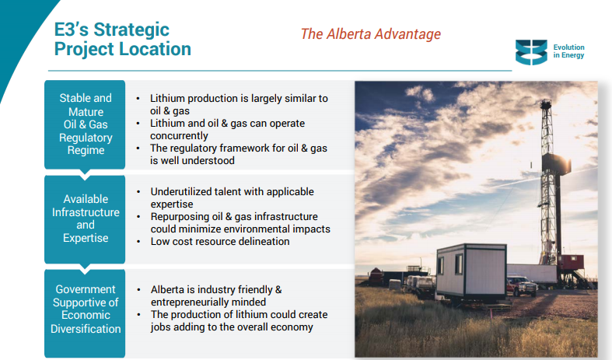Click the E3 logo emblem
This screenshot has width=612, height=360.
click(531, 52)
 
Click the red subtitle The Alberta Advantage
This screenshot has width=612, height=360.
click(370, 34)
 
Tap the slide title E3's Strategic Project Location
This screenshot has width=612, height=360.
click(123, 39)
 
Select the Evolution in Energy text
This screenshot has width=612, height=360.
click(568, 51)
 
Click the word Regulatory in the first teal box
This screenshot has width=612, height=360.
click(86, 138)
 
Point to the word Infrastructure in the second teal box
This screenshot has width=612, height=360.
click(86, 212)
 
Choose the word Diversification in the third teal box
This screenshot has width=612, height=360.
click(86, 329)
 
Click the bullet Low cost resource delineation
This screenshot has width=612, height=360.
click(220, 241)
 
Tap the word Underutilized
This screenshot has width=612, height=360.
click(184, 192)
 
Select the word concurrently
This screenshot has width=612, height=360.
click(179, 136)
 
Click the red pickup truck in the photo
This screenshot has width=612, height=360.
click(522, 286)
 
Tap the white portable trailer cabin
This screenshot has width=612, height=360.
click(471, 273)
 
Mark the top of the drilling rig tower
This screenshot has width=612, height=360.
click(545, 102)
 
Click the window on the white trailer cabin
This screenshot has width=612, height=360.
click(459, 263)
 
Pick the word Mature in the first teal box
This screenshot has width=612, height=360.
click(86, 112)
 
